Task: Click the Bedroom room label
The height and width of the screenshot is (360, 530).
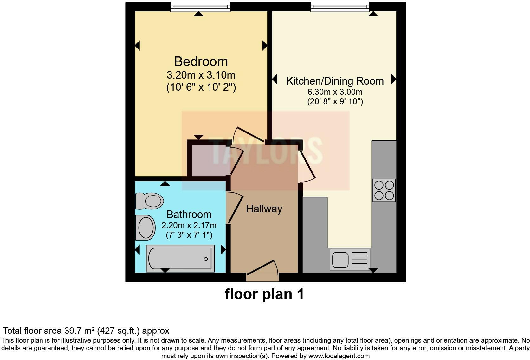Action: pyautogui.click(x=201, y=61)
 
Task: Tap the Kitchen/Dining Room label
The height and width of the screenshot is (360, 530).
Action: pyautogui.click(x=335, y=81)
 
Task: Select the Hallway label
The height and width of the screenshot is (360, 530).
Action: pyautogui.click(x=264, y=209)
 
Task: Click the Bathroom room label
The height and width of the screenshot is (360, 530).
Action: pyautogui.click(x=189, y=215)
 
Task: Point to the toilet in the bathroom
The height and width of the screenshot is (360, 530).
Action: pyautogui.click(x=149, y=201)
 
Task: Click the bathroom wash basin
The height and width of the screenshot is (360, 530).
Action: pyautogui.click(x=145, y=228)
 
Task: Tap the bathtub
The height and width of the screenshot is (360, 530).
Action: pyautogui.click(x=180, y=259)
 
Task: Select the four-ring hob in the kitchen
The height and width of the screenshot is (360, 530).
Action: pyautogui.click(x=384, y=190)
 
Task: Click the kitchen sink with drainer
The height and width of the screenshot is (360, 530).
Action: pyautogui.click(x=350, y=260)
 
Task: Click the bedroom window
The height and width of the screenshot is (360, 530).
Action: pyautogui.click(x=200, y=7)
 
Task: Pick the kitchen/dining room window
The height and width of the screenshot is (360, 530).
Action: pyautogui.click(x=340, y=7)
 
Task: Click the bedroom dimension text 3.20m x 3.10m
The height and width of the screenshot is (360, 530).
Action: pyautogui.click(x=201, y=75)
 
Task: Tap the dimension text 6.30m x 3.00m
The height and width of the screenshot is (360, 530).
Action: pyautogui.click(x=335, y=92)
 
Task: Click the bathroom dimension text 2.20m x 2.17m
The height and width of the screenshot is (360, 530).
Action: pyautogui.click(x=189, y=225)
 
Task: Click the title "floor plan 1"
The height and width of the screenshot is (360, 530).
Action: pyautogui.click(x=264, y=294)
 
